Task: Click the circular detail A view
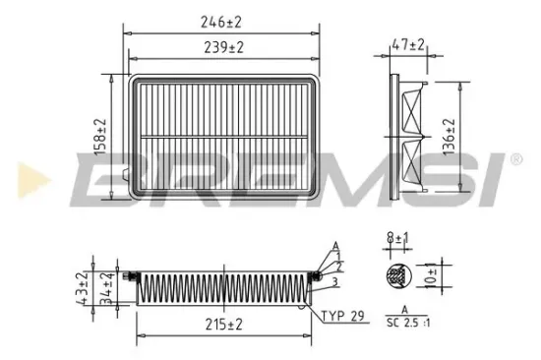click(399, 277)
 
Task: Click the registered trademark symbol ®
click(515, 158)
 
